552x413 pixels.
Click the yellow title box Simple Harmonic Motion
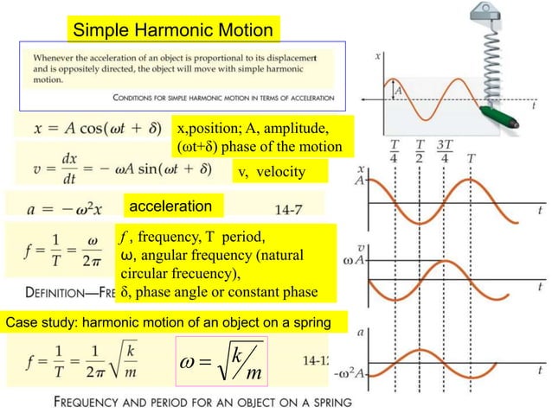(173, 31)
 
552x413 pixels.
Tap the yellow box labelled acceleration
(171, 206)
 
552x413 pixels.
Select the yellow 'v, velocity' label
(271, 172)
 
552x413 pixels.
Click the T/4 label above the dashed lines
(395, 150)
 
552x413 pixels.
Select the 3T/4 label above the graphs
(446, 150)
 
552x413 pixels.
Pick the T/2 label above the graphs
(420, 150)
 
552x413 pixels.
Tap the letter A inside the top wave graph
(397, 88)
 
